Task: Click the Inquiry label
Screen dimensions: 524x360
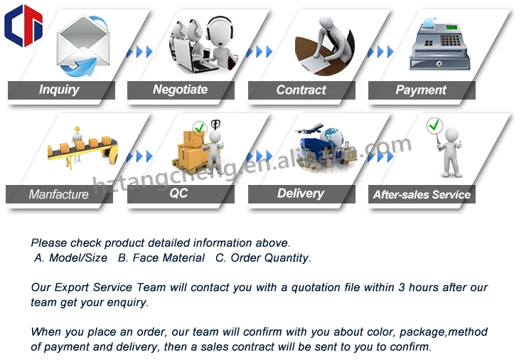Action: pos(59,90)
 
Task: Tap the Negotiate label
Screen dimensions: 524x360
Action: pos(180,90)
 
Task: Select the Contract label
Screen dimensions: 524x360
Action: pos(301,90)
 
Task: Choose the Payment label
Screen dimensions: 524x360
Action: pos(421,90)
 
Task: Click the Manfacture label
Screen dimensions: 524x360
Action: pos(59,194)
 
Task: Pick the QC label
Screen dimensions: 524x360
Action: pos(178,194)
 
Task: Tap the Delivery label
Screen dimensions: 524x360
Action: pos(300,194)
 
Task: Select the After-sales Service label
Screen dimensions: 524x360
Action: pos(422,194)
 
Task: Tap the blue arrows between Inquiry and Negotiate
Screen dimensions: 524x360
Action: pos(139,52)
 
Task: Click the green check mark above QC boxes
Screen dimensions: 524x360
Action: pos(200,129)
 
